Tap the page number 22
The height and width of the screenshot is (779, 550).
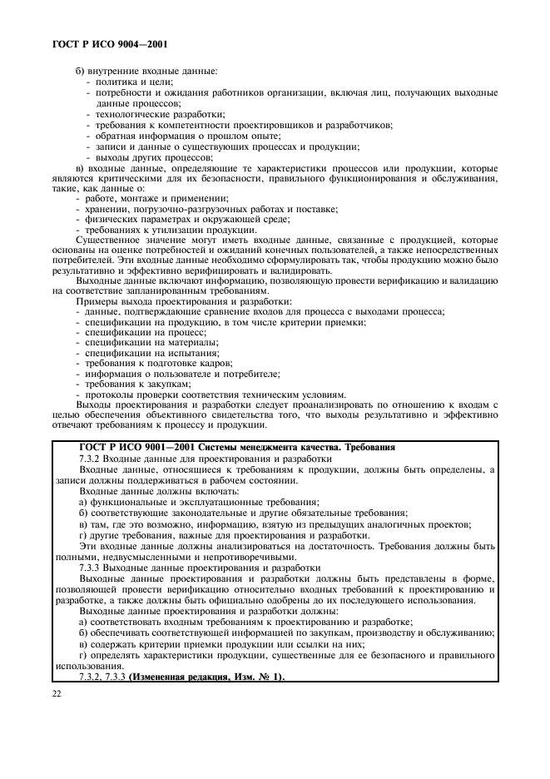pos(57,694)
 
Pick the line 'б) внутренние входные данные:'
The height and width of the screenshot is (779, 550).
pos(146,71)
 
